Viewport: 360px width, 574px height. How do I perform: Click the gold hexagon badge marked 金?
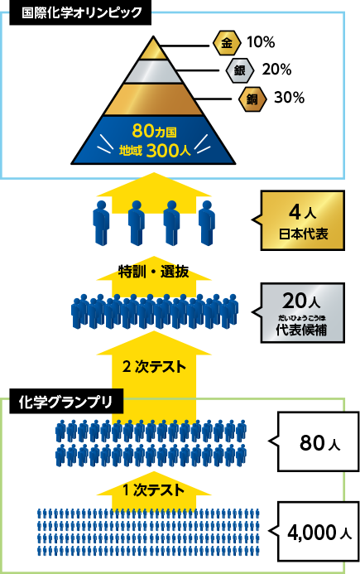227,43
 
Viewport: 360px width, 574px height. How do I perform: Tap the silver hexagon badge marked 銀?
240,70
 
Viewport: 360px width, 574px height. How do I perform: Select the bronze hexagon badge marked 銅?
252,99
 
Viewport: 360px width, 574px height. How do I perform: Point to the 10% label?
261,42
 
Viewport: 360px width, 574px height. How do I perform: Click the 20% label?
276,70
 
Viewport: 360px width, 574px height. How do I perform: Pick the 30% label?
290,98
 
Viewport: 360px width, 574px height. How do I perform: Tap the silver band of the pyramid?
153,71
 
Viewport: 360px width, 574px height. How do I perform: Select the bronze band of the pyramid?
153,99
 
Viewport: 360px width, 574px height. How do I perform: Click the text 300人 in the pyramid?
168,151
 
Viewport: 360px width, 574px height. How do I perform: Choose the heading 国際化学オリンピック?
81,12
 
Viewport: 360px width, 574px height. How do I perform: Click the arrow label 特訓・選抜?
154,272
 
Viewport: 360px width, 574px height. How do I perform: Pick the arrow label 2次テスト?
154,367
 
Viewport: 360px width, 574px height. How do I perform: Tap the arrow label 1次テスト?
153,490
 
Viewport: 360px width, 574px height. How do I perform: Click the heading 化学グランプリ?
65,402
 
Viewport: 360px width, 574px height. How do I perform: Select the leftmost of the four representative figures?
101,223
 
